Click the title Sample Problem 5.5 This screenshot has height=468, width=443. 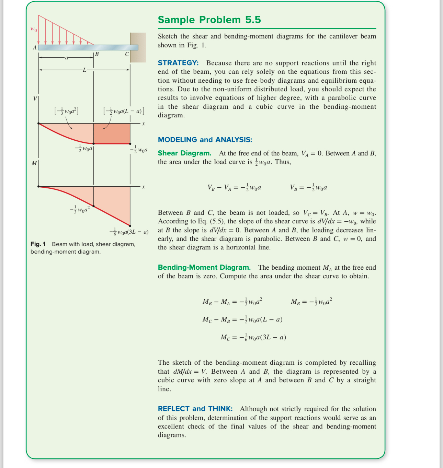point(209,20)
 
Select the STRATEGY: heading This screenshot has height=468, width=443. point(178,63)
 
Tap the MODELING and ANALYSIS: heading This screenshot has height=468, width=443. point(205,140)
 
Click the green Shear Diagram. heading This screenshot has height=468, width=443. point(184,153)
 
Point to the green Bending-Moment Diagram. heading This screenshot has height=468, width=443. point(204,267)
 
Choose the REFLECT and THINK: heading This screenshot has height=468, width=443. point(195,409)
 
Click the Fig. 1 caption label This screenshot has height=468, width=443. point(38,244)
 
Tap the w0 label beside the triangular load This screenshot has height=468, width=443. point(34,29)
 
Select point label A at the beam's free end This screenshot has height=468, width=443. point(34,48)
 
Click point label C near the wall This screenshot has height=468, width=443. point(127,54)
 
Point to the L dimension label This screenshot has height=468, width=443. point(84,70)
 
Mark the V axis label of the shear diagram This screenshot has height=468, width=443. point(35,99)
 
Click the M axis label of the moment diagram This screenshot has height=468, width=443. point(34,163)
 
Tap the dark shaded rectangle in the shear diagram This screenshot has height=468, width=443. point(112,133)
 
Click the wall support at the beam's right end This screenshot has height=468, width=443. point(138,47)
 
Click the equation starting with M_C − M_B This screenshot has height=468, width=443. point(242,319)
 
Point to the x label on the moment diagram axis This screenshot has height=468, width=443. point(144,187)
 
